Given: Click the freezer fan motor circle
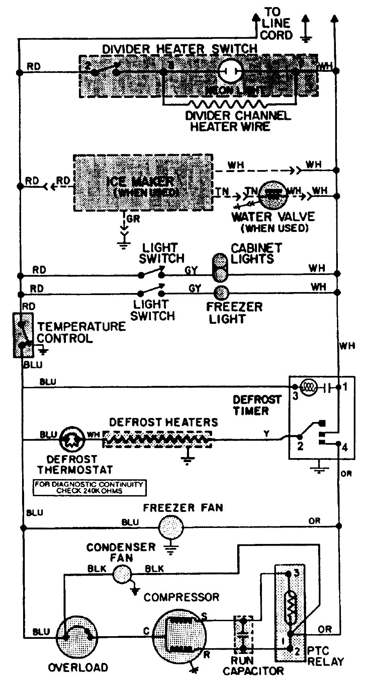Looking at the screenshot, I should (171, 528).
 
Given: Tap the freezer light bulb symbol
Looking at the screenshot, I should (221, 293).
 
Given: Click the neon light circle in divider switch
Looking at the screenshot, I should (230, 71).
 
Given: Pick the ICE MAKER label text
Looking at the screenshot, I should (141, 182).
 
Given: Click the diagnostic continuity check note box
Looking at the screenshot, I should (89, 487).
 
